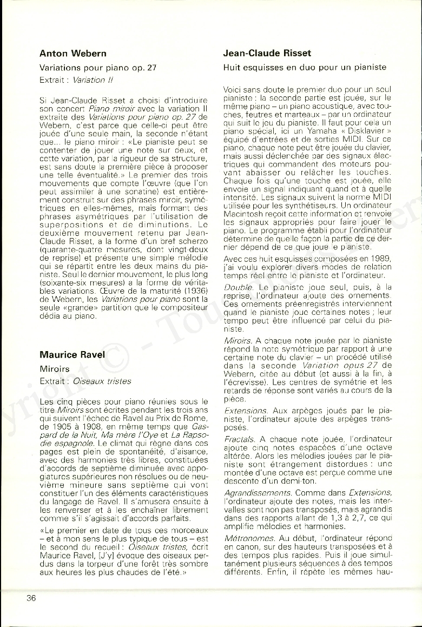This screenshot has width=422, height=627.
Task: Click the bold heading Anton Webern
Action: [x=73, y=54]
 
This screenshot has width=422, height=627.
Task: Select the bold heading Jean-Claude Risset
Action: [x=267, y=54]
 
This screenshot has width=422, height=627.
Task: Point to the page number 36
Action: [x=31, y=598]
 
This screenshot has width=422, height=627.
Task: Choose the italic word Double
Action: [x=238, y=287]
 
